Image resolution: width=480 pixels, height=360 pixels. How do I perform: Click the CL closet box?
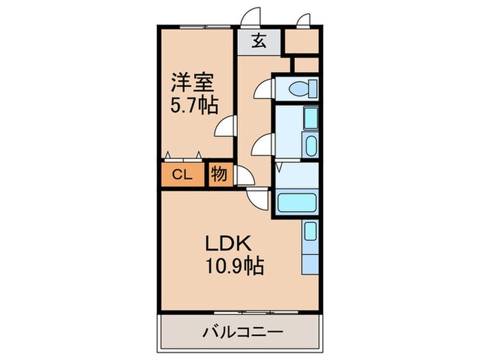pos(182,174)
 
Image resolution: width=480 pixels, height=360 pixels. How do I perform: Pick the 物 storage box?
pos(218,173)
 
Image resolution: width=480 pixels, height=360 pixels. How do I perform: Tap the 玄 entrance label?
pos(259,42)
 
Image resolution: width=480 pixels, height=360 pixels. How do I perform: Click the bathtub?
pos(298,203)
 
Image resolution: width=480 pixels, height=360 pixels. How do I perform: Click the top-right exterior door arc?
pos(302,19)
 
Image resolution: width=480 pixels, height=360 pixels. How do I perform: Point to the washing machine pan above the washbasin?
pos(310,119)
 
